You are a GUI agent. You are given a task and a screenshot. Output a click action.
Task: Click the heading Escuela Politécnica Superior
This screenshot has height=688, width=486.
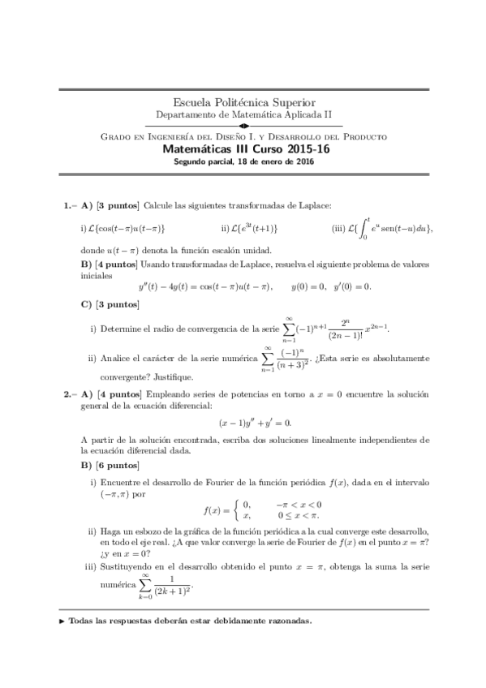(243, 103)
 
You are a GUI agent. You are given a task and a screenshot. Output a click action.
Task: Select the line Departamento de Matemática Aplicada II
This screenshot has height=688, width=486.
(243, 115)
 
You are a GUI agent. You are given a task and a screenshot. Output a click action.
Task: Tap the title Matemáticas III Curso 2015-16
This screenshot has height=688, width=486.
(243, 149)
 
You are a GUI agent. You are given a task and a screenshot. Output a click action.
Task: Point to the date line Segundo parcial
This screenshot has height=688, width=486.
(243, 161)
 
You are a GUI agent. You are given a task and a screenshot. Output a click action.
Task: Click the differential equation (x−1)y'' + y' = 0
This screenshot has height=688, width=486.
(254, 422)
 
